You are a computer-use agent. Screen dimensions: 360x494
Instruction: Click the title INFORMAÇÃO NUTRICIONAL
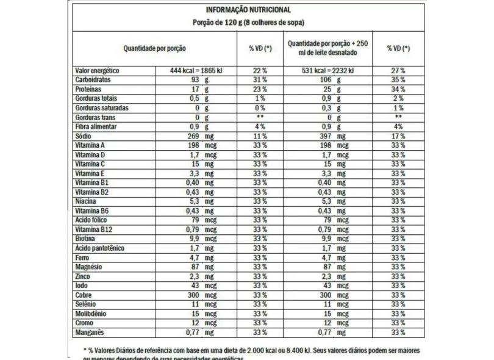[x=248, y=10]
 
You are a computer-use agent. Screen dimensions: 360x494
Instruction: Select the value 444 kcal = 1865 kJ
[x=196, y=71]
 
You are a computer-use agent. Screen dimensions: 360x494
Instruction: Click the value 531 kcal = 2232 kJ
[x=328, y=71]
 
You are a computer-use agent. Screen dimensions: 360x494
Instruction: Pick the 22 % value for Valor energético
[x=260, y=71]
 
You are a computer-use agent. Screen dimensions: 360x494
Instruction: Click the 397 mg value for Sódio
[x=333, y=136]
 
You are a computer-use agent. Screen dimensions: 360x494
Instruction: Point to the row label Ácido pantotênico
[x=99, y=248]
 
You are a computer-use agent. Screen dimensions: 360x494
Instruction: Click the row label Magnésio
[x=88, y=267]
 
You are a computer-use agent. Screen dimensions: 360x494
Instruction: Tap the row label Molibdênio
[x=91, y=314]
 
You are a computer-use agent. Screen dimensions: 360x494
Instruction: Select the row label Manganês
[x=90, y=333]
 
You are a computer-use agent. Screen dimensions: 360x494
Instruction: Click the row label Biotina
[x=85, y=239]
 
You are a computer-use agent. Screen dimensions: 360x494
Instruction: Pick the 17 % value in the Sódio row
[x=398, y=136]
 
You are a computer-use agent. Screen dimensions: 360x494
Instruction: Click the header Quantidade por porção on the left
[x=154, y=48]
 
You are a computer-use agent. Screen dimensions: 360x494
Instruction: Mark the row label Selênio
[x=87, y=304]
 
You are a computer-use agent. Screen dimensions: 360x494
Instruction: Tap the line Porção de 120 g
[x=248, y=23]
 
